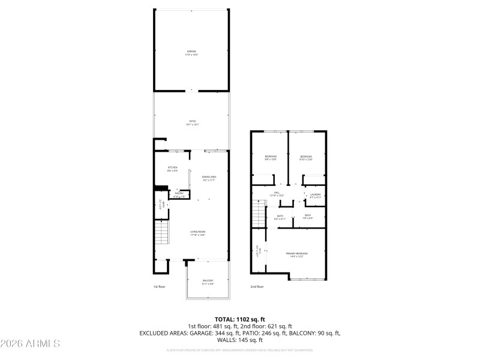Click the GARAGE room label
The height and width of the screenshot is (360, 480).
coord(191,53)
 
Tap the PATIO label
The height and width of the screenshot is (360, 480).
coord(191,123)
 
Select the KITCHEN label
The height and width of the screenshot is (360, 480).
coord(173,169)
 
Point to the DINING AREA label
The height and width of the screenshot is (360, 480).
coord(209,178)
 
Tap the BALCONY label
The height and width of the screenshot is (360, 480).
coord(208,282)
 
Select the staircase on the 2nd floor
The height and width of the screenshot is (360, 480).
coord(257,213)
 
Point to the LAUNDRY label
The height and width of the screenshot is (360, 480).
coord(315,195)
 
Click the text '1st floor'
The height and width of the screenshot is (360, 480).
coord(159,287)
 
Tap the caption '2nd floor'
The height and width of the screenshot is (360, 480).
coord(257,287)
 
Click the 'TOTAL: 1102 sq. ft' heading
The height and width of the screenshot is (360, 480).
coord(239,319)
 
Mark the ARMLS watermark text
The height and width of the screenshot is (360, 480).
coord(30,344)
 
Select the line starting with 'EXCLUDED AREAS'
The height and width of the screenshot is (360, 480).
coord(239,332)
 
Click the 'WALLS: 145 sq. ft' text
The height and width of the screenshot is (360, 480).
coord(239,340)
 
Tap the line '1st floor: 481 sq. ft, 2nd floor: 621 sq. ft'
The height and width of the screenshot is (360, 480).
coord(239,326)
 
